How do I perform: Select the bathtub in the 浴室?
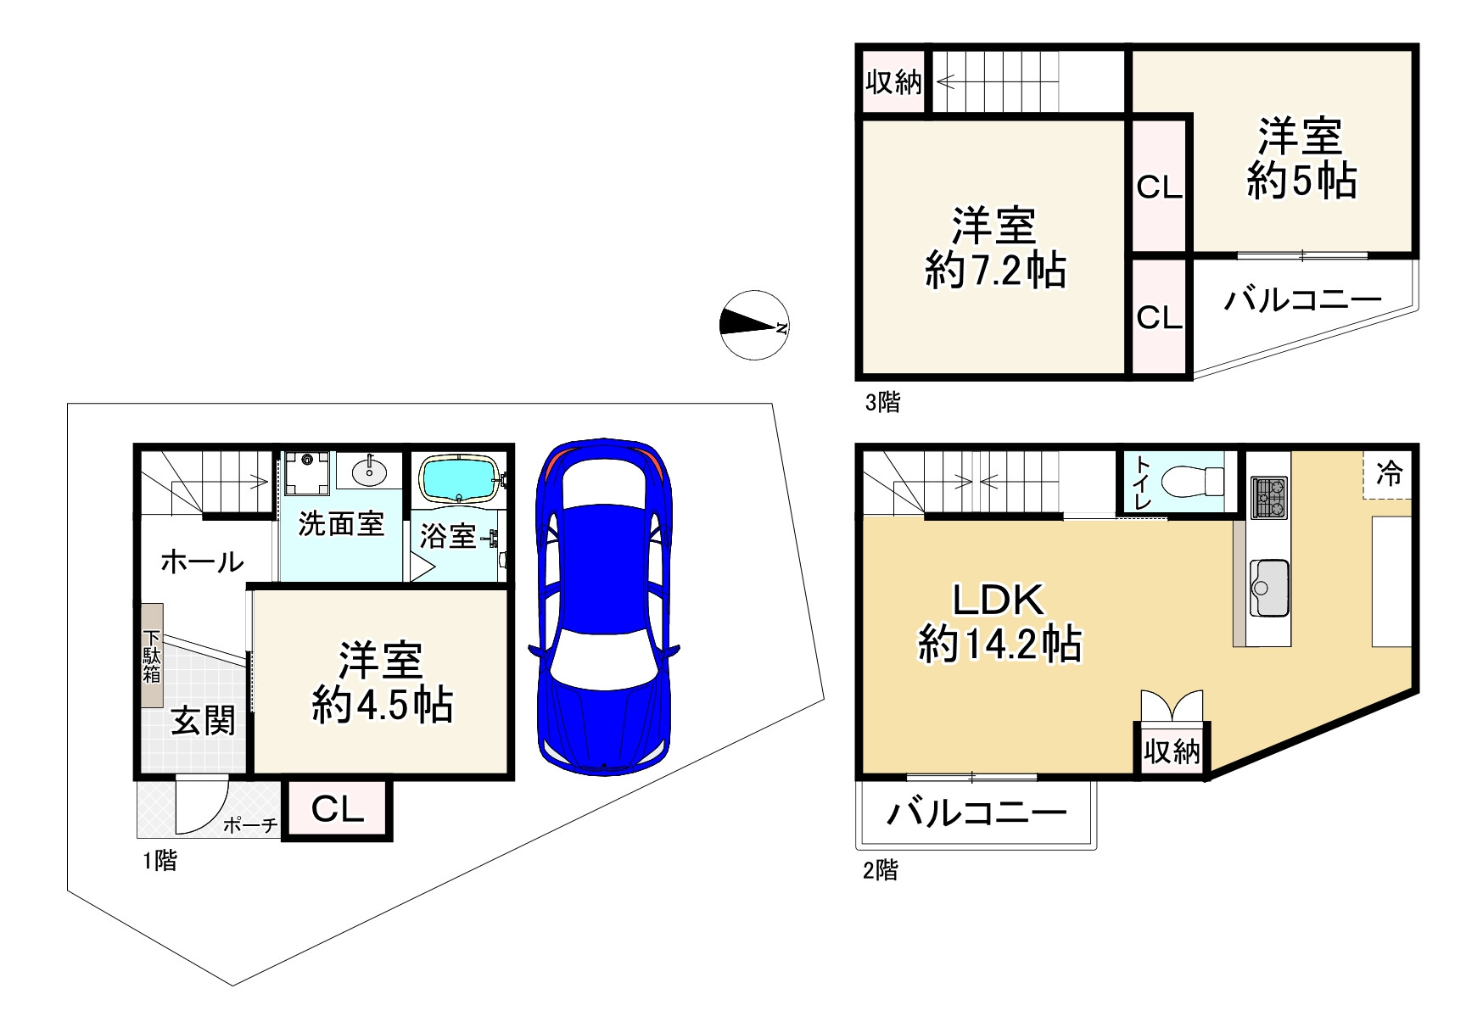[x=458, y=480]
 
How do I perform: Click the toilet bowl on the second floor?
[x=1193, y=483]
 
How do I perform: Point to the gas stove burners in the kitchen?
[x=1268, y=498]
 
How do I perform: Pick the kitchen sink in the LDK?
[x=1270, y=588]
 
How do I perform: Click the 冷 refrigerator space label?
[x=1390, y=473]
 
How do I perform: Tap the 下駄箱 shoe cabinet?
[x=152, y=656]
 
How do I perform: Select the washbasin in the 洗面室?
[x=368, y=471]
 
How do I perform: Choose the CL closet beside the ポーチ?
[x=338, y=810]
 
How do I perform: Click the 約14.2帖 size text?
[x=999, y=645]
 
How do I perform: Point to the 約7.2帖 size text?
[x=995, y=271]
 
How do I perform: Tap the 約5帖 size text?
[x=1301, y=181]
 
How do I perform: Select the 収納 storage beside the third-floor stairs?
[x=893, y=82]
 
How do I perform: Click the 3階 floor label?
[x=882, y=401]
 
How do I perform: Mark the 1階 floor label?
[x=159, y=861]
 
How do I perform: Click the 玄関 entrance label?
[x=203, y=722]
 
